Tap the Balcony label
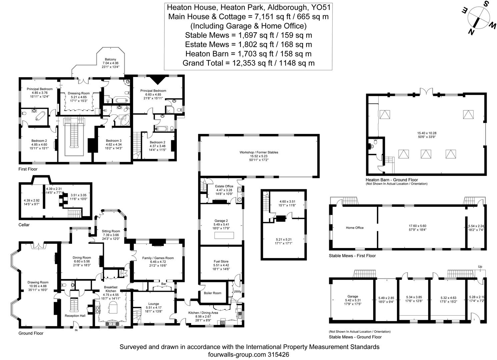tap(110, 59)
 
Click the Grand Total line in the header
tap(248, 63)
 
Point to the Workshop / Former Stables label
tap(259, 152)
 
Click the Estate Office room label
tap(224, 186)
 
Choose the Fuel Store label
tap(221, 261)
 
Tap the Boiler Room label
tap(212, 293)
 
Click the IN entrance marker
tap(76, 330)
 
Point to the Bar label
tap(164, 284)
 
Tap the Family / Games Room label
tap(158, 258)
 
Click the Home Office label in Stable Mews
tap(355, 228)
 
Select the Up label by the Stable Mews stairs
tap(480, 267)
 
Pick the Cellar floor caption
tap(24, 225)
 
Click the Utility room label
tap(237, 291)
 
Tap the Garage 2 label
tap(221, 221)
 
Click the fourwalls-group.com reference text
tap(248, 355)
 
